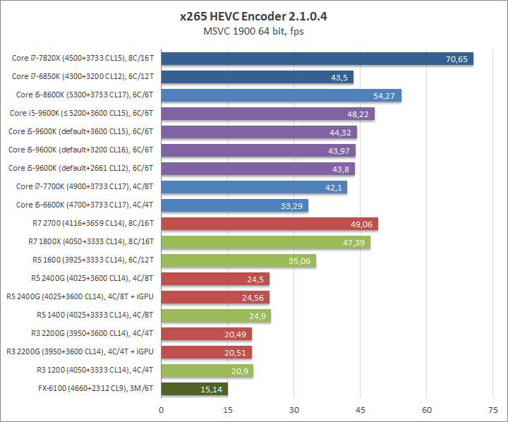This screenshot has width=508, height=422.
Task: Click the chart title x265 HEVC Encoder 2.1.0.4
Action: click(253, 16)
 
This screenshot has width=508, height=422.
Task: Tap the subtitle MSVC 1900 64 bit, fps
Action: click(253, 31)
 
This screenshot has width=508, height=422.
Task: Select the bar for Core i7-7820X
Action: click(317, 59)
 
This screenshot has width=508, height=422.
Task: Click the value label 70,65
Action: click(457, 59)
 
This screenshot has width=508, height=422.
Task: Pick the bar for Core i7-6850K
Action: click(257, 77)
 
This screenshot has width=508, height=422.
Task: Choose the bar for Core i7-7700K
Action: click(254, 187)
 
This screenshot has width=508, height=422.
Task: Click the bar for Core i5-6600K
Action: click(234, 205)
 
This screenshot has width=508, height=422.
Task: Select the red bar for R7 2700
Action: click(270, 224)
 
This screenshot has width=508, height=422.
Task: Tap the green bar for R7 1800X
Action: click(265, 242)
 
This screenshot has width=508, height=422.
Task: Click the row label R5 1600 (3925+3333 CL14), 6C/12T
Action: click(94, 260)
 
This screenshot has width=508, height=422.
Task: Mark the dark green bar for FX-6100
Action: click(194, 388)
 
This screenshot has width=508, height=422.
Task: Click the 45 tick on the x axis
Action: click(361, 409)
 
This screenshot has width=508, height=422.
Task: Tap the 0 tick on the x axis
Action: click(162, 409)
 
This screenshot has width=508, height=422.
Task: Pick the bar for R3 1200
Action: click(207, 370)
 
